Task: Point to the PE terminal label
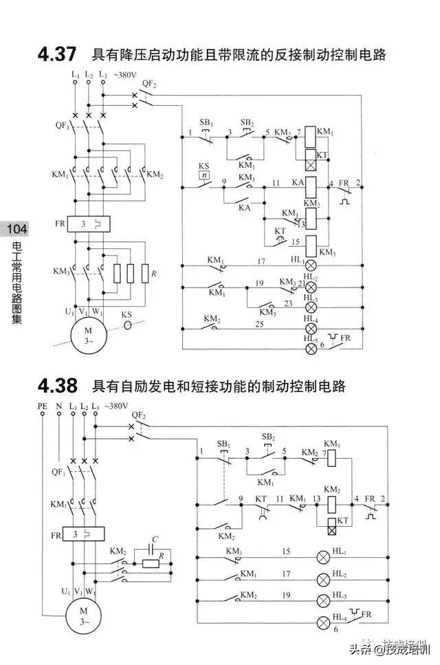pyautogui.click(x=43, y=407)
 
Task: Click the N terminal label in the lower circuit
pyautogui.click(x=58, y=407)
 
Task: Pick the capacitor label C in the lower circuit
pyautogui.click(x=155, y=540)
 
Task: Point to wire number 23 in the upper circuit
pyautogui.click(x=288, y=303)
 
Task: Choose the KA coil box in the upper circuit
pyautogui.click(x=311, y=186)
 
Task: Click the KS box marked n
pyautogui.click(x=203, y=176)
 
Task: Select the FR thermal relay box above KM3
pyautogui.click(x=90, y=224)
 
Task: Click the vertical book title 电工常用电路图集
pyautogui.click(x=16, y=282)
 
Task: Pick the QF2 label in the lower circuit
pyautogui.click(x=138, y=415)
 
